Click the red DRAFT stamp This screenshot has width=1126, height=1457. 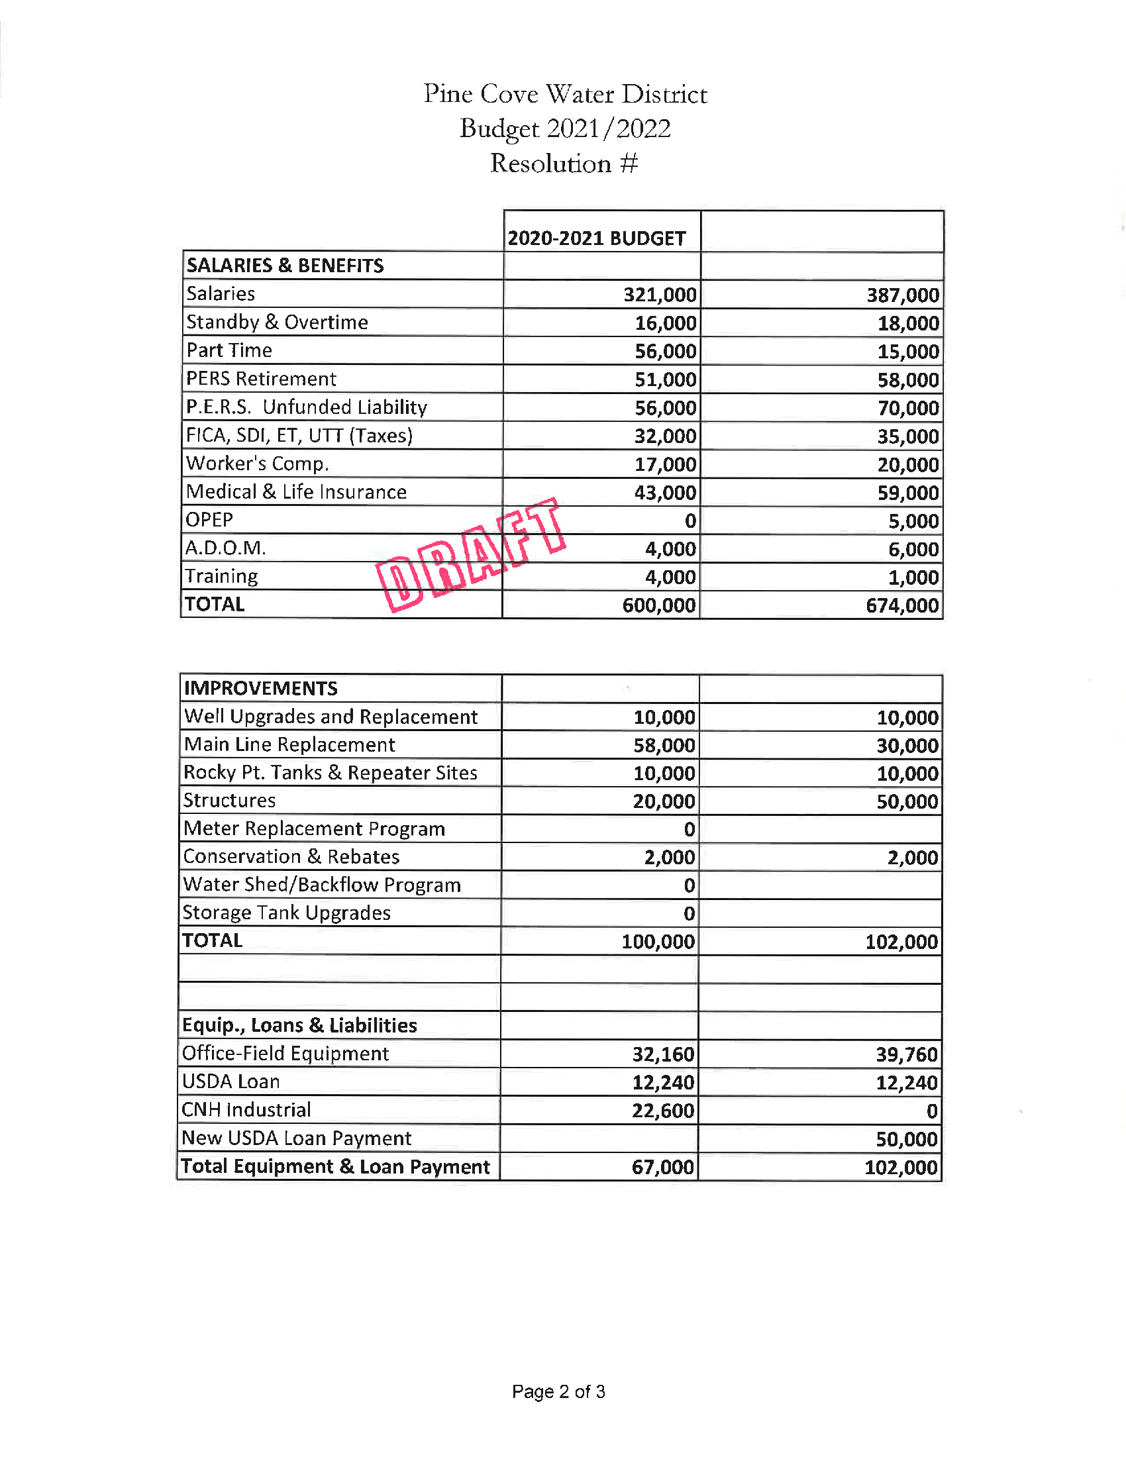point(471,555)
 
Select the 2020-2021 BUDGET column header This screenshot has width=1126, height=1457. point(596,238)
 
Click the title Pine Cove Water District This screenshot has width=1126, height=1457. point(565,94)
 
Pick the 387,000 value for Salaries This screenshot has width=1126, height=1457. point(903,295)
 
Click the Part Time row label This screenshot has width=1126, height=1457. point(229,350)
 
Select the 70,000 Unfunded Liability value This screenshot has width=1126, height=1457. point(908,407)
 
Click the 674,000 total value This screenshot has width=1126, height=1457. point(902,605)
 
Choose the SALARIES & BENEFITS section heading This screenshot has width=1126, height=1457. point(285,266)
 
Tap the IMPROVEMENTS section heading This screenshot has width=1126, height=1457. point(261,688)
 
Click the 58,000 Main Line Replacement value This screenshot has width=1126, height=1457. point(664,745)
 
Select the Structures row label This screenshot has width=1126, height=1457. point(229,801)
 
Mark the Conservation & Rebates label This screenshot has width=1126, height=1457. point(291,856)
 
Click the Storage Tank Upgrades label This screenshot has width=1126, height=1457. point(287,913)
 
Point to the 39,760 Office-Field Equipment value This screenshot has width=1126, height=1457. point(907,1054)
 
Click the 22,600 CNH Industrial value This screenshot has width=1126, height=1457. point(663,1111)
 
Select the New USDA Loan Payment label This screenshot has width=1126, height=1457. point(297,1138)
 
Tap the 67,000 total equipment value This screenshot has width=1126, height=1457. point(663,1167)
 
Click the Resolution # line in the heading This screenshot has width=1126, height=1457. point(564,164)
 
